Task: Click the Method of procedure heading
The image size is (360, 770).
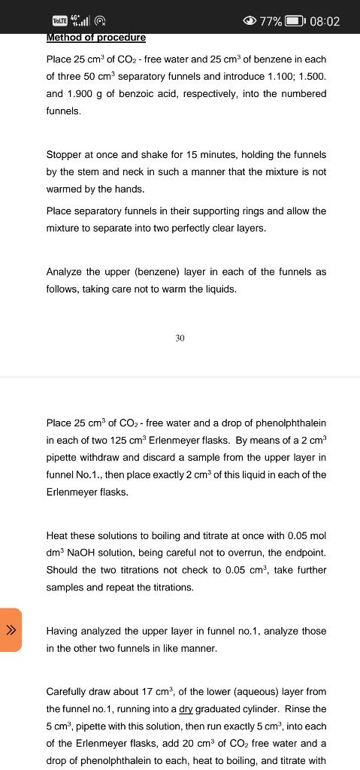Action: pyautogui.click(x=95, y=37)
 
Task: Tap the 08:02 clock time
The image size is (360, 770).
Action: pyautogui.click(x=325, y=21)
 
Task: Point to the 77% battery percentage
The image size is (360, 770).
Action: pyautogui.click(x=271, y=21)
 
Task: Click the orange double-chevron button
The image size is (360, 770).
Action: pyautogui.click(x=11, y=630)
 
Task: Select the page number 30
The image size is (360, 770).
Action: pyautogui.click(x=180, y=339)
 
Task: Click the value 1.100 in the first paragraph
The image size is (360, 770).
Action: pyautogui.click(x=266, y=77)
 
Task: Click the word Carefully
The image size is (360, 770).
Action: pyautogui.click(x=69, y=691)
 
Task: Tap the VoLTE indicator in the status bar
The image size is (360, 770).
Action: pyautogui.click(x=60, y=21)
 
